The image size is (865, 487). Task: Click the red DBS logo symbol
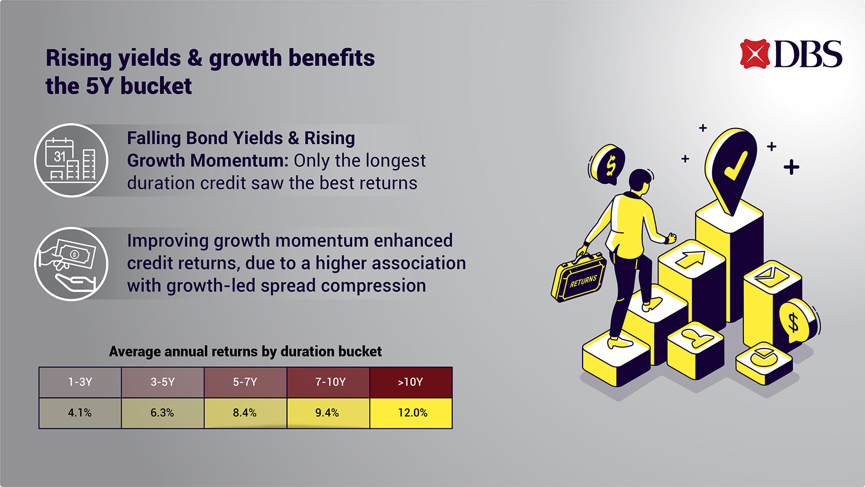tap(755, 53)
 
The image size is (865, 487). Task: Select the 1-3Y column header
tap(80, 382)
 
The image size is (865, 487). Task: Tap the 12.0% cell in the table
tap(411, 413)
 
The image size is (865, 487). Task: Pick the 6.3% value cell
tap(163, 413)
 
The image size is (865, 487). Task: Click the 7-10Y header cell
tap(328, 382)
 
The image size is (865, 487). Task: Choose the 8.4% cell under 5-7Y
tap(245, 413)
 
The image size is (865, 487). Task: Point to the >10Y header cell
tap(411, 382)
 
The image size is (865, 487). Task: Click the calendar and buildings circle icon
tap(71, 160)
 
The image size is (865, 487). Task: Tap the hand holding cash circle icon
tap(71, 264)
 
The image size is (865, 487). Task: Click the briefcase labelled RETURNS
tap(579, 278)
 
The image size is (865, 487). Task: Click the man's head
tap(640, 181)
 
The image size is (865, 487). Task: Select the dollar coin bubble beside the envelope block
tap(796, 321)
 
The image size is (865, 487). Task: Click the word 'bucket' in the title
tap(156, 86)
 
